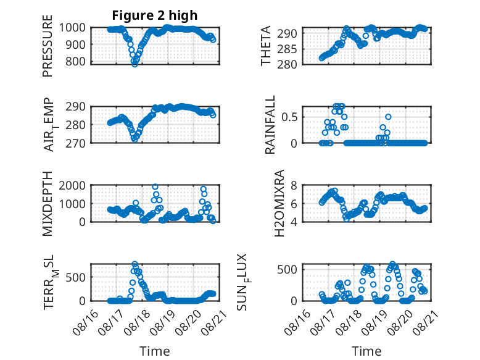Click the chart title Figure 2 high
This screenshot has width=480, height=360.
tap(155, 15)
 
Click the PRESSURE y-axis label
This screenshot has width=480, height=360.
tap(48, 46)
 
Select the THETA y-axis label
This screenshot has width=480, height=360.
tap(266, 46)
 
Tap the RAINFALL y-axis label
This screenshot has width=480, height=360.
tap(270, 125)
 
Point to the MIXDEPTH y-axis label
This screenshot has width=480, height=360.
tap(48, 203)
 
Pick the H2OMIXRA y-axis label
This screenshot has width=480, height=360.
tap(279, 203)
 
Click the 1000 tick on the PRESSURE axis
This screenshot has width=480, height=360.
tap(72, 28)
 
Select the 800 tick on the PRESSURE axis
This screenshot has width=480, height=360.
tap(75, 62)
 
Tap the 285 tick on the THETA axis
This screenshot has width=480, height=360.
tap(287, 49)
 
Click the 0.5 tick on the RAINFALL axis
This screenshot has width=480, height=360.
tap(289, 117)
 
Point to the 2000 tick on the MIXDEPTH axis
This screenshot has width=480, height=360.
tap(72, 186)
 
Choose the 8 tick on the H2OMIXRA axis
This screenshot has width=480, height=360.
tap(294, 186)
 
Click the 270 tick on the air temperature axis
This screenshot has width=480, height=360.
tap(75, 143)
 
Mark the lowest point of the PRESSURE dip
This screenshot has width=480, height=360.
tap(134, 64)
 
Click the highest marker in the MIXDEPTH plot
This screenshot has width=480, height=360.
tap(155, 187)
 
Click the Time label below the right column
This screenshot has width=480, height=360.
tap(366, 351)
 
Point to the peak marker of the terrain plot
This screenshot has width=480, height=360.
tap(134, 264)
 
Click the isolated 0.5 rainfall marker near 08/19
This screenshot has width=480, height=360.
tap(389, 117)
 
